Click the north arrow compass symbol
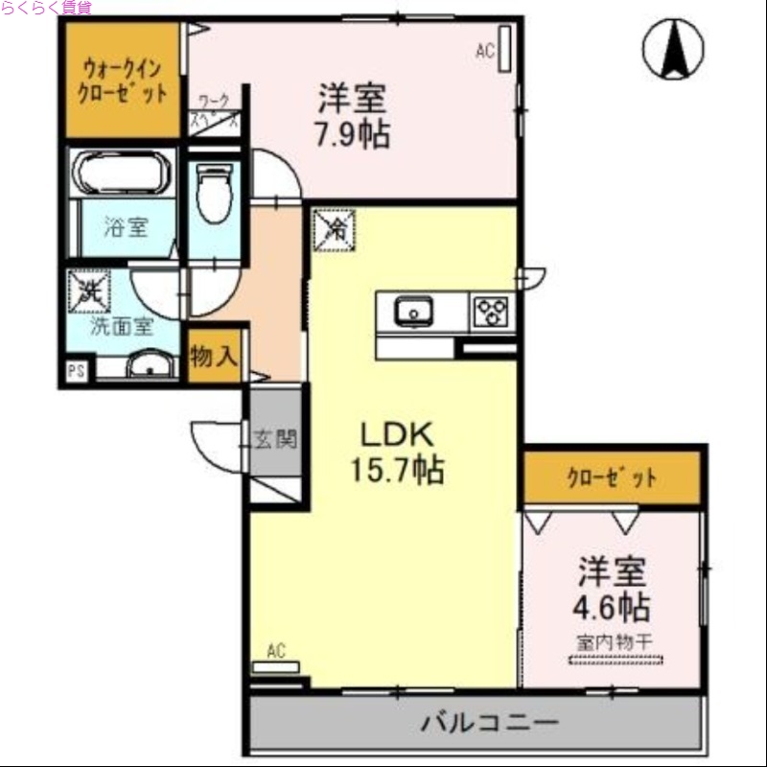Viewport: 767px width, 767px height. pyautogui.click(x=673, y=49)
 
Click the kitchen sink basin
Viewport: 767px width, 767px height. pyautogui.click(x=415, y=311)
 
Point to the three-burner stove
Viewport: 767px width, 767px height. pyautogui.click(x=492, y=312)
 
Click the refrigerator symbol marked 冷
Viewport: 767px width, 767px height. pyautogui.click(x=334, y=228)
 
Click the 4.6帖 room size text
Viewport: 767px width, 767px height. pyautogui.click(x=614, y=607)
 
